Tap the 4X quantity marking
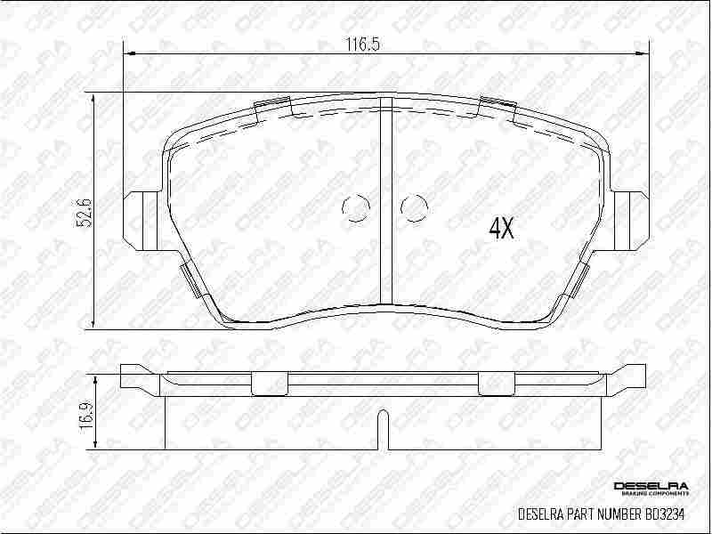pyautogui.click(x=502, y=229)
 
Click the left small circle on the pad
pyautogui.click(x=355, y=208)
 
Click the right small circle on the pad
pyautogui.click(x=414, y=208)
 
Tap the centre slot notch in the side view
pyautogui.click(x=383, y=427)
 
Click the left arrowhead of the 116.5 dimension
pyautogui.click(x=127, y=53)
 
